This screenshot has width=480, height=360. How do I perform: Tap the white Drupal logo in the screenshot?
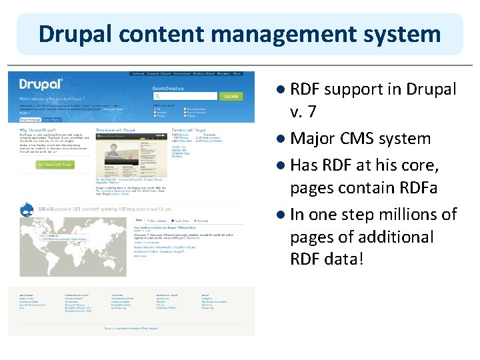click(x=42, y=85)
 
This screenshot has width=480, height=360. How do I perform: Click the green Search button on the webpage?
click(x=231, y=97)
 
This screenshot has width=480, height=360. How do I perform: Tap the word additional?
click(x=397, y=237)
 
